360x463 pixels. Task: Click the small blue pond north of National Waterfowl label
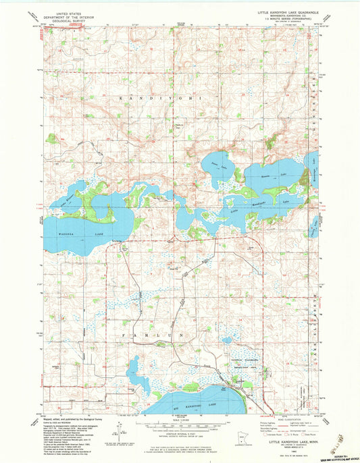(x=228, y=342)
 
